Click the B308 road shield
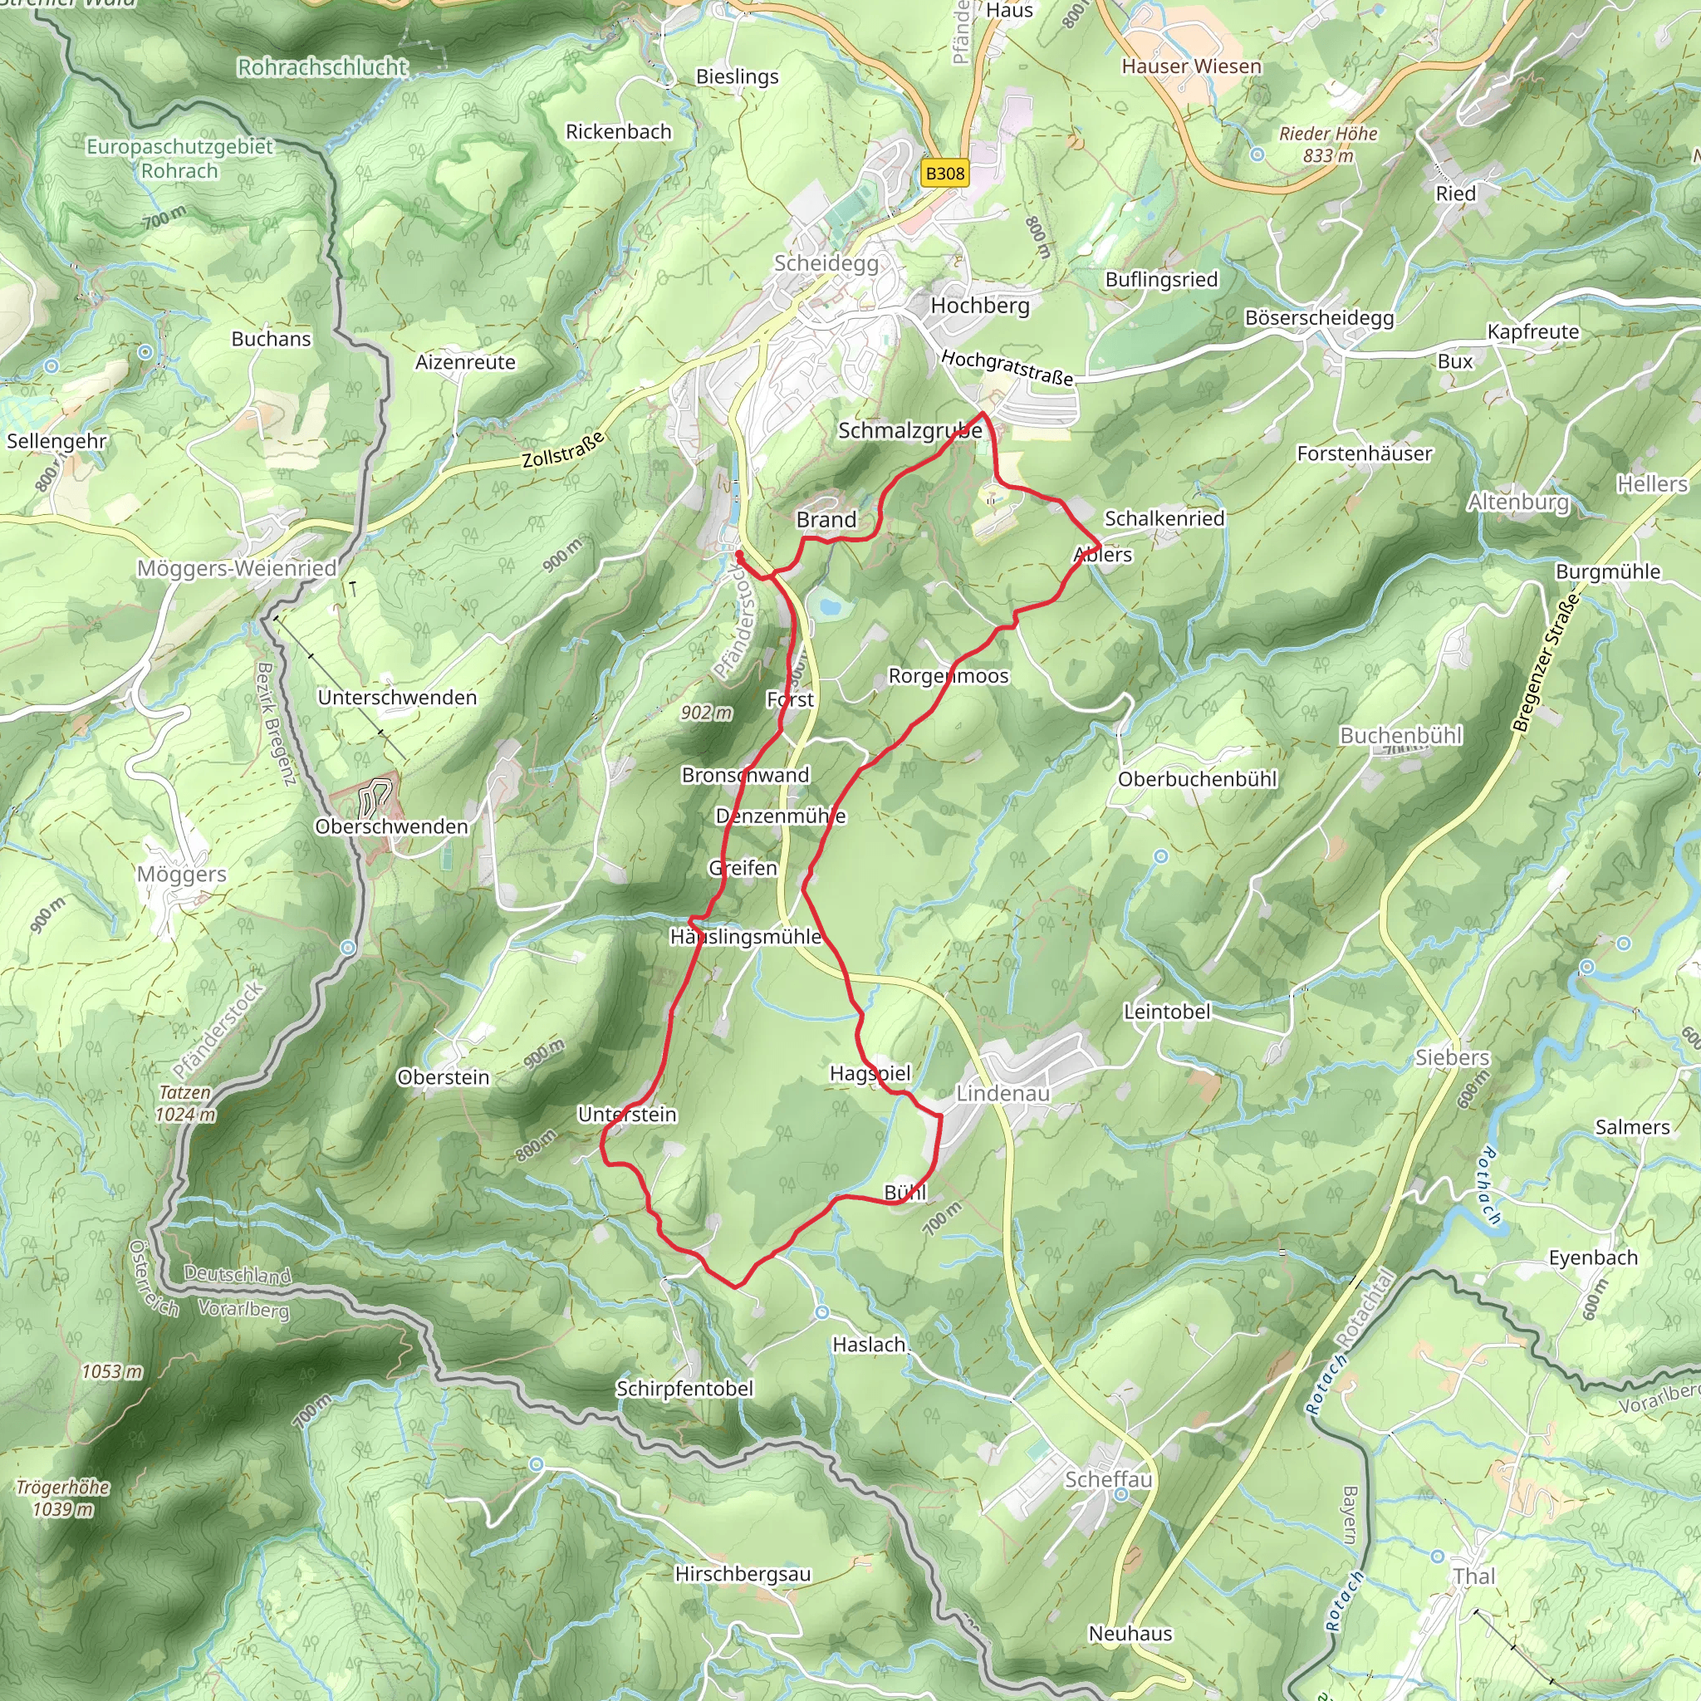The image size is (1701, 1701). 944,174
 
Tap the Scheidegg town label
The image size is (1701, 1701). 826,263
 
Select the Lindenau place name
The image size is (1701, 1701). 1002,1093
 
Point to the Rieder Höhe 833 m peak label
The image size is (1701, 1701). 1328,145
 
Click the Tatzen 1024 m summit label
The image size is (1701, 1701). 185,1103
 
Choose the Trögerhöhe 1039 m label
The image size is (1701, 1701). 63,1498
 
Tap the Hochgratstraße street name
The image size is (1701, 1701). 1007,368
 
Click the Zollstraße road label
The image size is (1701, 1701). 563,450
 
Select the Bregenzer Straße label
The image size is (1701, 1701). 1545,662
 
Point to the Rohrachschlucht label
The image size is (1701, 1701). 323,67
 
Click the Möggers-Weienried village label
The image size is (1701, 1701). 237,569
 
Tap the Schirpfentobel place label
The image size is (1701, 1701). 684,1389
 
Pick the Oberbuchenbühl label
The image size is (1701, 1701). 1197,779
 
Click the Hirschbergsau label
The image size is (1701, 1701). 743,1573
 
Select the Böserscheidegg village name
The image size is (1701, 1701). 1319,318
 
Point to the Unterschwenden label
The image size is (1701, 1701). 397,698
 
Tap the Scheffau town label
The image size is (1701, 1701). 1108,1479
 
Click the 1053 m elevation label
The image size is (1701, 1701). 112,1372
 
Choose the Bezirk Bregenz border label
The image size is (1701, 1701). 275,723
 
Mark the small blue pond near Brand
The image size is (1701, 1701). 827,605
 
